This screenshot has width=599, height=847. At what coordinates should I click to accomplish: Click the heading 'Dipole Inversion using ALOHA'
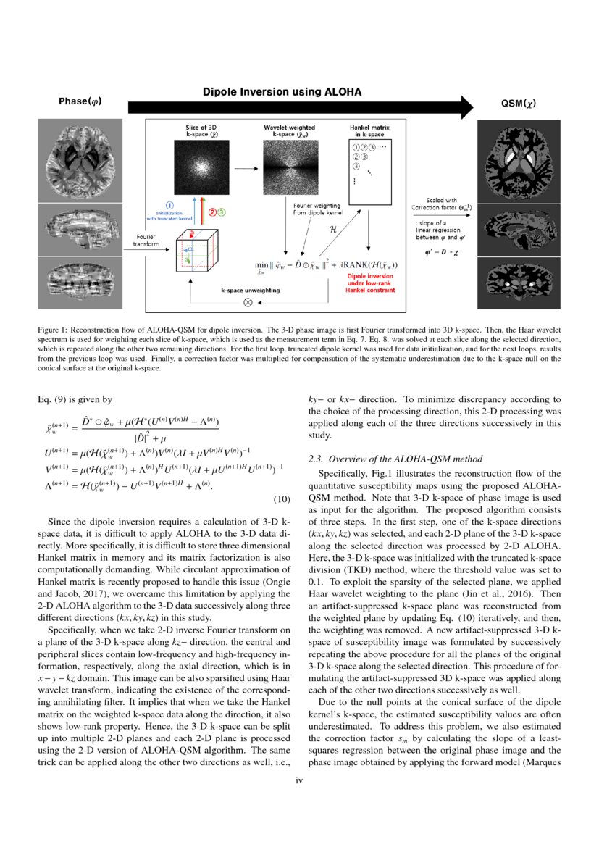[282, 93]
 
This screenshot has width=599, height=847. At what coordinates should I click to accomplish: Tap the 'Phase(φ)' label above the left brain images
[80, 101]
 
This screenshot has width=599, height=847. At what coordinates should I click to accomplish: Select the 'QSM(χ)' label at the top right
[519, 103]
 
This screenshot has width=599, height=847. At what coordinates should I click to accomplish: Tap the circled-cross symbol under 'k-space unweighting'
[248, 301]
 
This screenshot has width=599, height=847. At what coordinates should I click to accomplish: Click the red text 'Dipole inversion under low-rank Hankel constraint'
[371, 283]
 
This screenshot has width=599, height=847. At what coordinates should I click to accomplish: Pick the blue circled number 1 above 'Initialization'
[169, 205]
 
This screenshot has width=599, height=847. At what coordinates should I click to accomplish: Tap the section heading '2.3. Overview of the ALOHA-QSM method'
[391, 459]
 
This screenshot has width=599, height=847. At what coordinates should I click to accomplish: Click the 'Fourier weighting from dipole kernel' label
[311, 209]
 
